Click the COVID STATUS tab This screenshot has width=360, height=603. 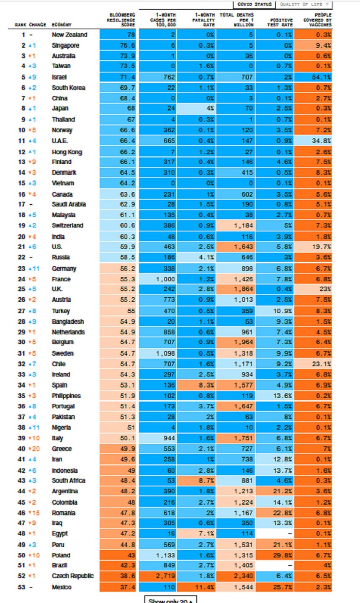[x=254, y=4]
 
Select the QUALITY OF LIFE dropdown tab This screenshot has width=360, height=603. [x=304, y=4]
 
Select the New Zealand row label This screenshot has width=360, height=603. [x=69, y=35]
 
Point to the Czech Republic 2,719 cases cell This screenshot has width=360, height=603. [x=157, y=576]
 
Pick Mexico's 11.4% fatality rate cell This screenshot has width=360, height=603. [x=196, y=587]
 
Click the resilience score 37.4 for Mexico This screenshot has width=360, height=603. [x=118, y=587]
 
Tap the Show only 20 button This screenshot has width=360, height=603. [x=170, y=600]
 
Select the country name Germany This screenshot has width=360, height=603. [x=64, y=269]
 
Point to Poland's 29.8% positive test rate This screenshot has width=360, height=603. [x=275, y=555]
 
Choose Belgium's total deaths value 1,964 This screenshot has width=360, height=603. [x=236, y=342]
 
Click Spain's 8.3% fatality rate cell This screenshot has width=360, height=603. [x=196, y=385]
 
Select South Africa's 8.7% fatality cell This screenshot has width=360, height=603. [x=196, y=481]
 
